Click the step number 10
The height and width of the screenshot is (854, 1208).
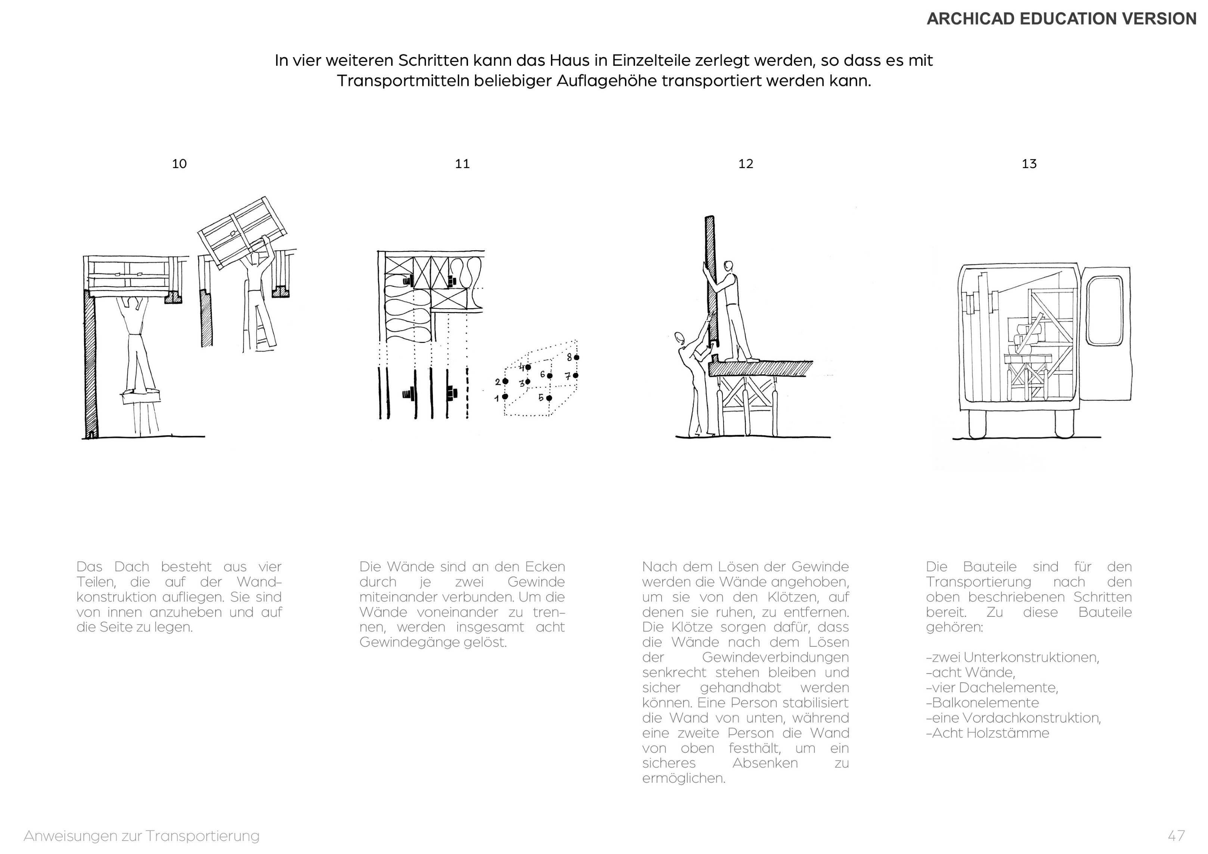179,164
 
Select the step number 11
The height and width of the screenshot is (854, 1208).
462,164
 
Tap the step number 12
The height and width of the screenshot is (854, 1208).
746,164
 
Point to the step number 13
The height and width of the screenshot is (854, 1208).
1029,164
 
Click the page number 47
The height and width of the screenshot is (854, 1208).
1176,836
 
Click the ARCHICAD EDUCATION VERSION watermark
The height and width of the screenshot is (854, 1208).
1061,19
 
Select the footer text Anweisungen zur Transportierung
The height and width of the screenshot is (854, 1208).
142,836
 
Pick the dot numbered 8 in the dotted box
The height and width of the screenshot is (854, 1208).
577,357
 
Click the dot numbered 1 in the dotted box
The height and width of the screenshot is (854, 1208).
505,397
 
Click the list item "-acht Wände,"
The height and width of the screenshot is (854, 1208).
970,672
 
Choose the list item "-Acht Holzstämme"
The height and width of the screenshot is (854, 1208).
988,733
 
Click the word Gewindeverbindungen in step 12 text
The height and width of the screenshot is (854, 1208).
775,657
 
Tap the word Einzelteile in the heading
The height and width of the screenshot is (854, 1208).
651,61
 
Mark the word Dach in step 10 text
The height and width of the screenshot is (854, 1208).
131,567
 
